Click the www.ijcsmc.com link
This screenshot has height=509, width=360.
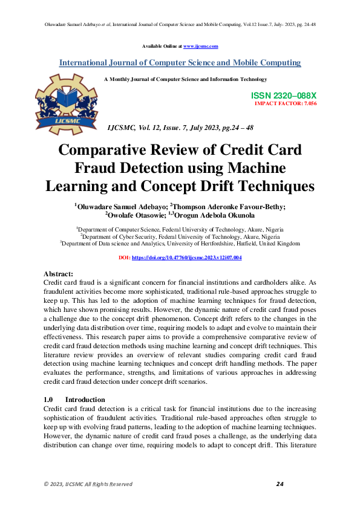coord(200,46)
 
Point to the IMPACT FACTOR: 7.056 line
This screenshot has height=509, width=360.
coord(286,104)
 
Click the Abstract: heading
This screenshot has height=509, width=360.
coord(59,274)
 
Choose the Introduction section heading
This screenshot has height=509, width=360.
coord(85,400)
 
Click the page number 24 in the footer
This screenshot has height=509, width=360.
coord(280,484)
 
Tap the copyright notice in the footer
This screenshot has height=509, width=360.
coord(88,484)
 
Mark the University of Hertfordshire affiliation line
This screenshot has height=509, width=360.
coord(180,244)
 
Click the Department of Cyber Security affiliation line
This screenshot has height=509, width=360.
coord(180,237)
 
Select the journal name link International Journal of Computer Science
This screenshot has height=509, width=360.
coord(180,63)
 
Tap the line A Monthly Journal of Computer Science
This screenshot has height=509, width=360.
coord(185,79)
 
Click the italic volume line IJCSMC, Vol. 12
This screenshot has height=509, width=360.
coord(180,129)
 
